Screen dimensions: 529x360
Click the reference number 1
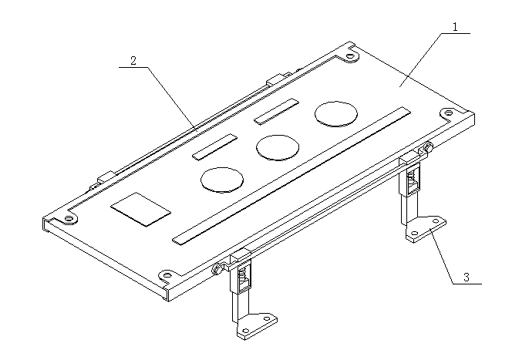[456, 27]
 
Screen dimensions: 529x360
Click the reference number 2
[133, 61]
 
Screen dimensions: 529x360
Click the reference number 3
[467, 278]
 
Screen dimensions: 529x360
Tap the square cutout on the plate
[140, 209]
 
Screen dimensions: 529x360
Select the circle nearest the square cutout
[222, 180]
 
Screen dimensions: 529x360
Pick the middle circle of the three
[278, 148]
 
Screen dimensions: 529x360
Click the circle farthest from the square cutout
[336, 114]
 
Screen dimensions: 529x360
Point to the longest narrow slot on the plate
[291, 176]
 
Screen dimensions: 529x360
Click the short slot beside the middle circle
[215, 146]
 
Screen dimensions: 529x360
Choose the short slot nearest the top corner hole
[277, 112]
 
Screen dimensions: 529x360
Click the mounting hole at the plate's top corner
[351, 56]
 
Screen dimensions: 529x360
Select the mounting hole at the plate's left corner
[69, 218]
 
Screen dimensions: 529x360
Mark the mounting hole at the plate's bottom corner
[167, 275]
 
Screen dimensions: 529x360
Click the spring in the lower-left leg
[242, 275]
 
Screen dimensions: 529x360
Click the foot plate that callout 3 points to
[426, 229]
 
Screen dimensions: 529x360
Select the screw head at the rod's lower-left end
[217, 269]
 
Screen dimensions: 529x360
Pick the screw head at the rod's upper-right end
[429, 146]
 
